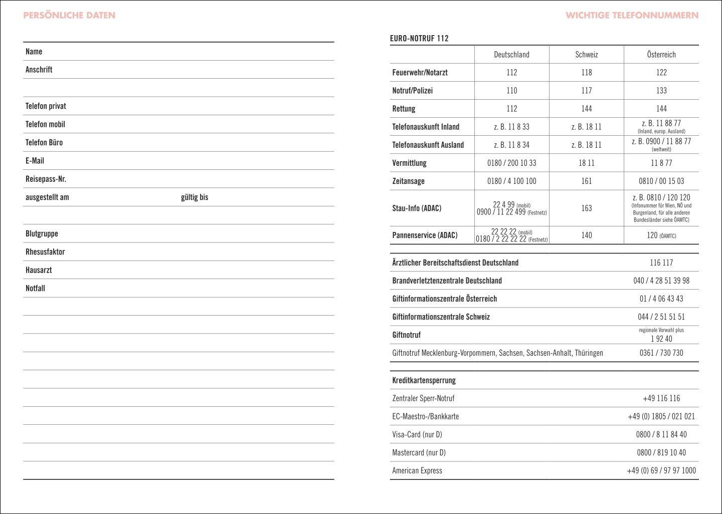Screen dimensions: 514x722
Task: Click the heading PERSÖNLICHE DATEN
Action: (69, 15)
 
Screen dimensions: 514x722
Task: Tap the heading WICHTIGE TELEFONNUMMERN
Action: (632, 15)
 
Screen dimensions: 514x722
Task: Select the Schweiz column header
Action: (586, 55)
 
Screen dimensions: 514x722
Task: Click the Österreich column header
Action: (661, 55)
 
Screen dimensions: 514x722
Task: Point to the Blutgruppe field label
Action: (42, 233)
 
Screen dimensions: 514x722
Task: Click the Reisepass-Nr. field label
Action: (46, 179)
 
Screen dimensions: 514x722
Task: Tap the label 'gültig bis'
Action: (195, 197)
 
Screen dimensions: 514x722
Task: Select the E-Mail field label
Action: (35, 161)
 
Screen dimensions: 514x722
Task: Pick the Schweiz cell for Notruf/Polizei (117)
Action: (586, 91)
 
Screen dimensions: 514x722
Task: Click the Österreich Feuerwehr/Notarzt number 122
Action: (661, 73)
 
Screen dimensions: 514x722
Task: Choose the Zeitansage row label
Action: (408, 181)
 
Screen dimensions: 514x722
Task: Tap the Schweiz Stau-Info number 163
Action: (586, 208)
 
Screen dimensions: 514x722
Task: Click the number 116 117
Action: (661, 263)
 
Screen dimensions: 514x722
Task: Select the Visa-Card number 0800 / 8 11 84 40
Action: (661, 434)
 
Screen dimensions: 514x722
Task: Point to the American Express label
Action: (417, 470)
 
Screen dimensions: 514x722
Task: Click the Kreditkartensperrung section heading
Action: (424, 380)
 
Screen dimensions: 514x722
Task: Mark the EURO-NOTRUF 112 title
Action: (419, 39)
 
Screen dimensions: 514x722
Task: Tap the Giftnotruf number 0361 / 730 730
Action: (661, 353)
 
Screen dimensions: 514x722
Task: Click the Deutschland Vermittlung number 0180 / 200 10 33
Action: (511, 163)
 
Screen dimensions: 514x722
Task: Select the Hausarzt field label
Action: (39, 270)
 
